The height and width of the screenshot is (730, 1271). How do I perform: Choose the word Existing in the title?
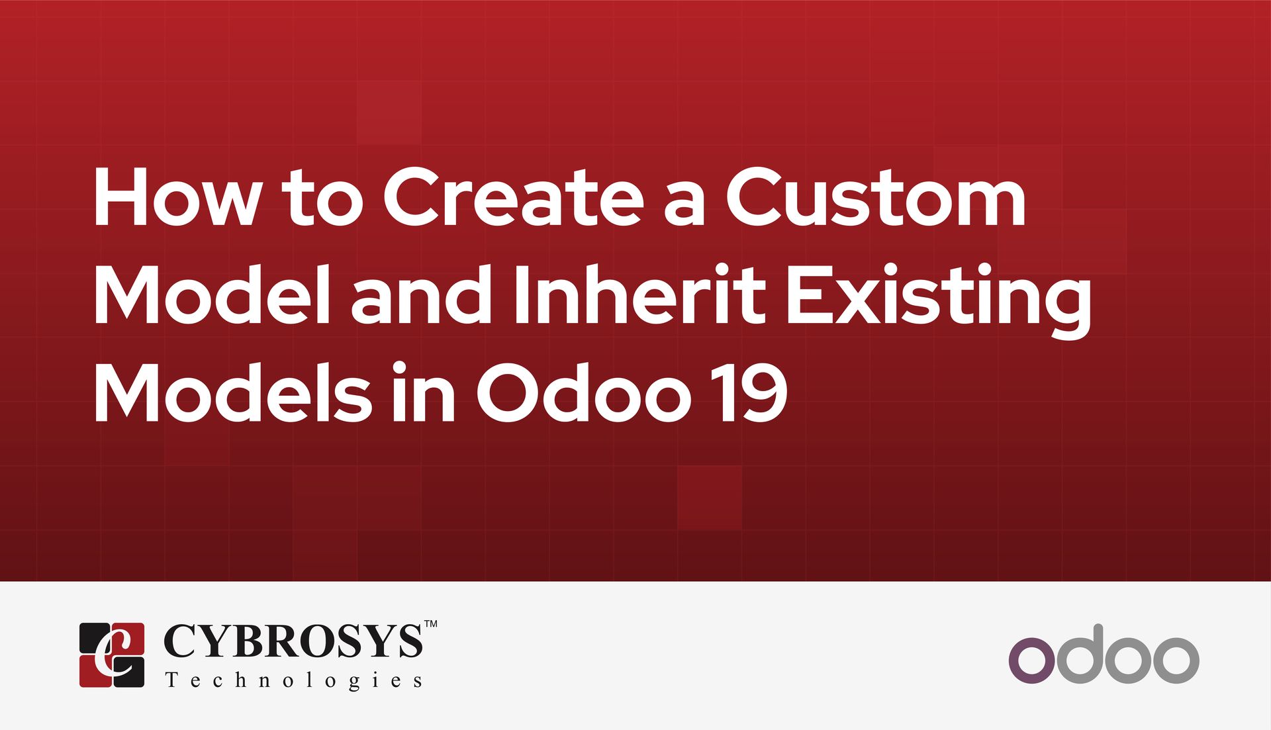938,297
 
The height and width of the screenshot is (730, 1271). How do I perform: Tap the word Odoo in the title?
579,393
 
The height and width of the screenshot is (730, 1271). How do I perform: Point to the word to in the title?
322,199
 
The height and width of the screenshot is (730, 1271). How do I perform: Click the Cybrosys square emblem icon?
112,655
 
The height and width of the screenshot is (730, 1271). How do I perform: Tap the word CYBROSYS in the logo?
293,641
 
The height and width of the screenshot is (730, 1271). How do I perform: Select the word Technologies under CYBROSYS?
293,680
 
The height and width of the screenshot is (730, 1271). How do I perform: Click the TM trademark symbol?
430,624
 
